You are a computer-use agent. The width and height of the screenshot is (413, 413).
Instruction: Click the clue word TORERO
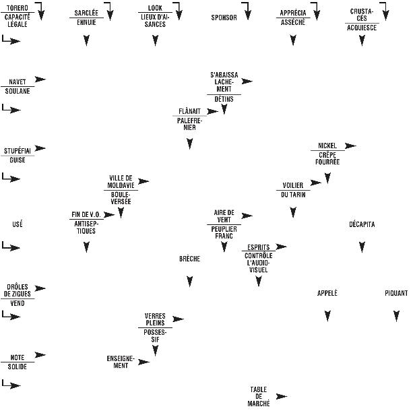click(x=17, y=7)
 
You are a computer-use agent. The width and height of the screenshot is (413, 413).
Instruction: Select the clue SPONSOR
click(x=224, y=18)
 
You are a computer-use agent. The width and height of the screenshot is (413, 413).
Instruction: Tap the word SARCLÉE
click(x=86, y=13)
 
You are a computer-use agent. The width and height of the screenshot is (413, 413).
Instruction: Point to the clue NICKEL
click(x=327, y=146)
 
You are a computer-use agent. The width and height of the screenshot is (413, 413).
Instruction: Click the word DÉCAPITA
click(x=362, y=224)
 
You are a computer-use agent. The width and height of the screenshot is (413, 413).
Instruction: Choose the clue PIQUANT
click(x=395, y=293)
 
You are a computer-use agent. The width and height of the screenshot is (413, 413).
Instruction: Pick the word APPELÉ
click(x=327, y=293)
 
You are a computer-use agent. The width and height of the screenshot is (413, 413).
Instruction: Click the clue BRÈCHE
click(x=189, y=259)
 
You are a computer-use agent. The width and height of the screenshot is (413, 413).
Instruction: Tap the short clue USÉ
click(x=18, y=224)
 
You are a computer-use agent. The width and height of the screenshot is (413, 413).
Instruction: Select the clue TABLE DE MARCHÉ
click(x=259, y=396)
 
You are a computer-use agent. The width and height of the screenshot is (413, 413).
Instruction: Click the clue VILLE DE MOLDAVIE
click(x=121, y=181)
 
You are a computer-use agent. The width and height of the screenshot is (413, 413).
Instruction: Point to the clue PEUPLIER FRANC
click(x=224, y=232)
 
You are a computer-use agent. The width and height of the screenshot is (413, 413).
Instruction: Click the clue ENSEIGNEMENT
click(x=121, y=362)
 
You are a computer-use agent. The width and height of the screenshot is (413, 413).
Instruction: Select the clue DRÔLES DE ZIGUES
click(x=18, y=290)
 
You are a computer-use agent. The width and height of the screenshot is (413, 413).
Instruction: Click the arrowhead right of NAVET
click(x=40, y=80)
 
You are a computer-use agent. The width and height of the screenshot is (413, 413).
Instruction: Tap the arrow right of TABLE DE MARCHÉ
click(x=282, y=396)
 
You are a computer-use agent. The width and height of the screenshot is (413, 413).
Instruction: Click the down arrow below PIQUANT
click(x=396, y=315)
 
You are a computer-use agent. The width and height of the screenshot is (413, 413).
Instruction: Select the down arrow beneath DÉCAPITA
click(x=362, y=247)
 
